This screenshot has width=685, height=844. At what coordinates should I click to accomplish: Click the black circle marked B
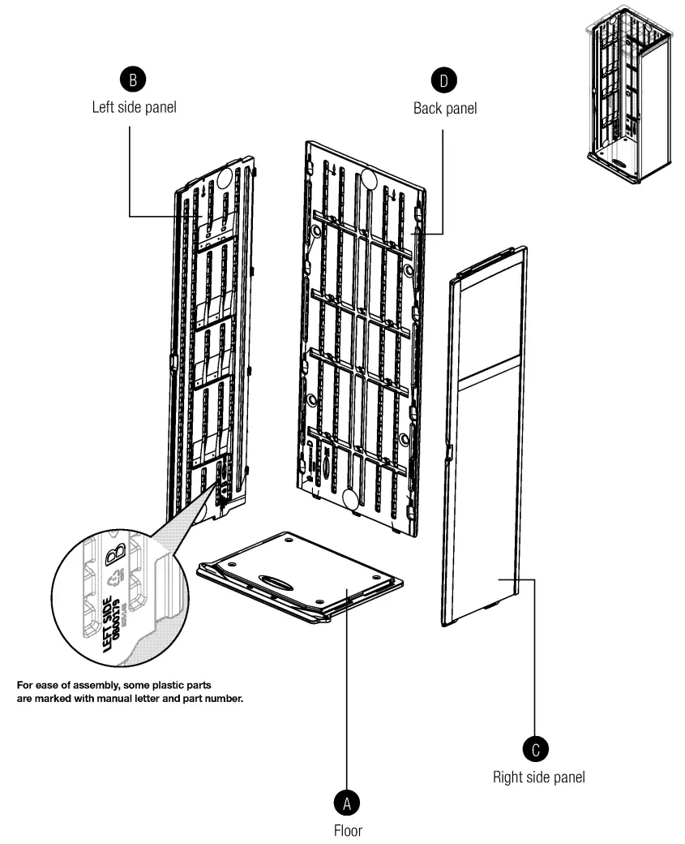[133, 79]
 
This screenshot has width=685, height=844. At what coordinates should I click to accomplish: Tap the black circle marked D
[443, 79]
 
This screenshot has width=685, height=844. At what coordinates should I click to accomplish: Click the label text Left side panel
[134, 107]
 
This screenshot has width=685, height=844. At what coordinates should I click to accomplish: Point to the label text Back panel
[445, 107]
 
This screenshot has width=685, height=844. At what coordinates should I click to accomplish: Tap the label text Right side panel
[539, 777]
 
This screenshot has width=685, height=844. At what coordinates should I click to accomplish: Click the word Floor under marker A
[348, 831]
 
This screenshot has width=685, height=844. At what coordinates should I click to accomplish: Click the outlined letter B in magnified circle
[117, 554]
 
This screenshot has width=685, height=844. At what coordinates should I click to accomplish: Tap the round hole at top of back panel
[370, 179]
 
